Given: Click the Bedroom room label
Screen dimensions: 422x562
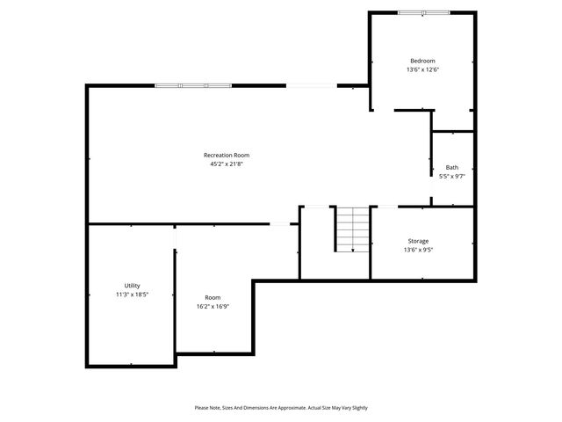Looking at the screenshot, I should pos(422,61).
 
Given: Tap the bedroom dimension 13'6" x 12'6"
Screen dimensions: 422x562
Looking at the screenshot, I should pos(422,69).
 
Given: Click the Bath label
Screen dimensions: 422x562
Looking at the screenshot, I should pos(451,167).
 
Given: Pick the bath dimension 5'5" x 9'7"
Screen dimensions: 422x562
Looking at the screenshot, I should pos(451,176).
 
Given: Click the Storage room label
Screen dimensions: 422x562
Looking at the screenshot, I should pos(418,241).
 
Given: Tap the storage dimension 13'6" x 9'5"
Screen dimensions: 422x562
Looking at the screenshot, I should pos(418,250).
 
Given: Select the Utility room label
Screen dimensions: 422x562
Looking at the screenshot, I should pos(132,286).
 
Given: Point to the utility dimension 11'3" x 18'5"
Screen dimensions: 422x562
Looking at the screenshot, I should pos(132,295).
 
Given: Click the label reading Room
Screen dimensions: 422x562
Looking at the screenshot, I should pos(213,297).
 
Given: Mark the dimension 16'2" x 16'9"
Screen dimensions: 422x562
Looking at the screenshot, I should pos(213,306).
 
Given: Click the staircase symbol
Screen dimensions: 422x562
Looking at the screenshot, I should pos(353,229).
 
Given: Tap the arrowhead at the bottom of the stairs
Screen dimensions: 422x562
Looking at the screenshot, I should pos(353,251).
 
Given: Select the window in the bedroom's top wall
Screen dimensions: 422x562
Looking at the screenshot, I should pos(423,12).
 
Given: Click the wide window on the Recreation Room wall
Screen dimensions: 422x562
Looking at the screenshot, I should pos(193,85).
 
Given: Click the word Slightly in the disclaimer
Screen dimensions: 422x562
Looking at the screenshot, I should pos(356,408).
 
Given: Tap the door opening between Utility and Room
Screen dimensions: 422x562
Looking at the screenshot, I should pos(176,237).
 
